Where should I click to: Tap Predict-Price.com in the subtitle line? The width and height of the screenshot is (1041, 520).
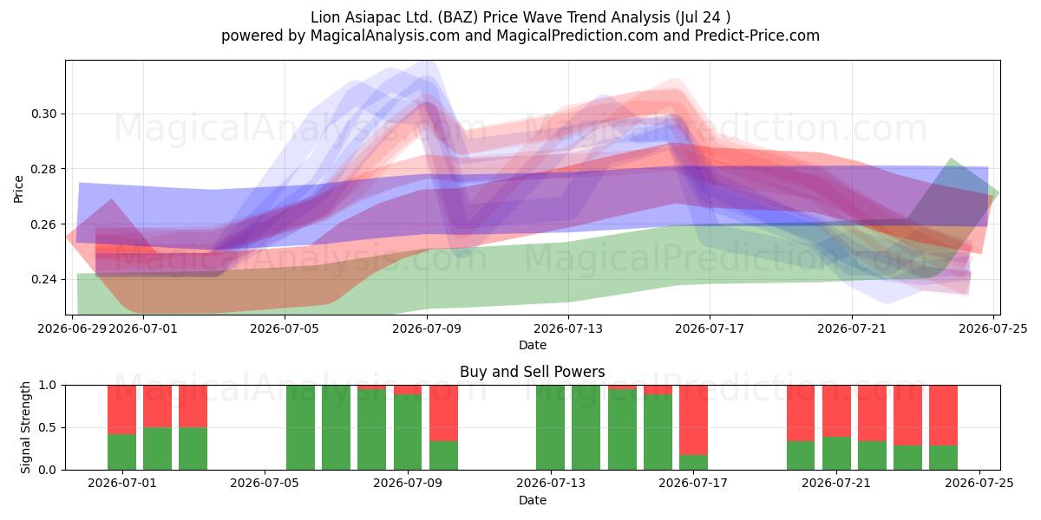point(757,36)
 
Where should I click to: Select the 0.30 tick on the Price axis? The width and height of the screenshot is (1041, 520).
point(43,114)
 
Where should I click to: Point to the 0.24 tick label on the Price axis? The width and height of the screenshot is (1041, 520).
point(43,279)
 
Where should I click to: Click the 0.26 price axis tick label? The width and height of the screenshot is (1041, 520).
point(43,224)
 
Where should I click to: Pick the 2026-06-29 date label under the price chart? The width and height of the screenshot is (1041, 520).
point(72,328)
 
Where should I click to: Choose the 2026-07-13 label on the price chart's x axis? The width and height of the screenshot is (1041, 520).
point(568,328)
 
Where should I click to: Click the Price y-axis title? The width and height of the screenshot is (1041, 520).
point(18,190)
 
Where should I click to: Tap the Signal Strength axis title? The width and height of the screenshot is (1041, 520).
point(25,427)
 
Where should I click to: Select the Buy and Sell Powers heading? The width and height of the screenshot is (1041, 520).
point(533,372)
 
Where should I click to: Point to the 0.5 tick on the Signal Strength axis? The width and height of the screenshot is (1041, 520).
point(48,427)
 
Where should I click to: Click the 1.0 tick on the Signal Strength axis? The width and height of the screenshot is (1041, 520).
point(48,386)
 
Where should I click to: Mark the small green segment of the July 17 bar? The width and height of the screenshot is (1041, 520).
point(693,463)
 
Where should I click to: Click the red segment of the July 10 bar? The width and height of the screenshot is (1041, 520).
point(443,413)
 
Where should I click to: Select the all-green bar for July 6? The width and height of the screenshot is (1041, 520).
point(301,427)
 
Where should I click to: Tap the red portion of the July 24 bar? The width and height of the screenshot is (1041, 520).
point(944,415)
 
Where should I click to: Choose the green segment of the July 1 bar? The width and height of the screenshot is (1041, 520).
point(121,452)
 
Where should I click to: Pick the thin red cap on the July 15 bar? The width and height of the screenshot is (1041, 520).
point(622,387)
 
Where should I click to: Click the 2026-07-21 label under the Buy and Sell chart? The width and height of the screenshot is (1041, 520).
point(836,484)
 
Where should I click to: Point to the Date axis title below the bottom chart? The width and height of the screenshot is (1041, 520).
point(533,501)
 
